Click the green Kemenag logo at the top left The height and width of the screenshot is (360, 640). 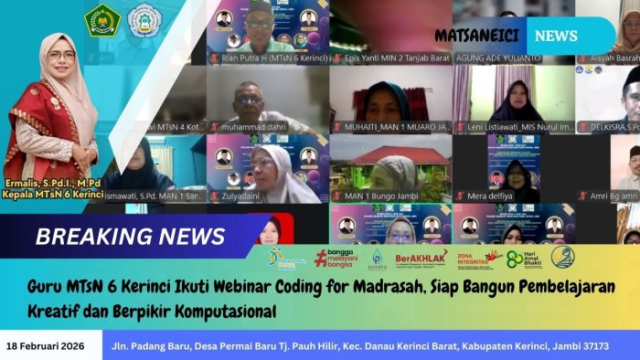tap(102, 19)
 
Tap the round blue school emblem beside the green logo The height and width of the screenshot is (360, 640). tap(143, 19)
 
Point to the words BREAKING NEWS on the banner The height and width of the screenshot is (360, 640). tap(130, 237)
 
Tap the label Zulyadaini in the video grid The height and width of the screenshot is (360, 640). tap(246, 195)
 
